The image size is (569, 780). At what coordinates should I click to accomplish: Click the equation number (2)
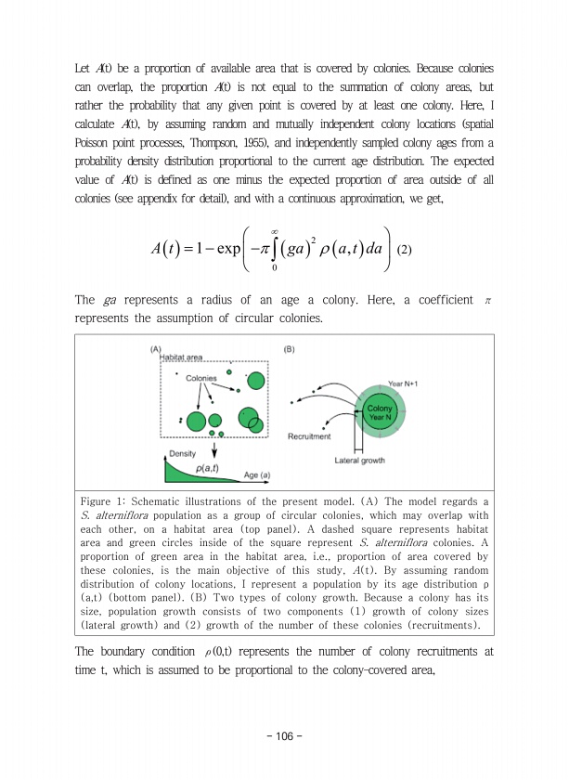(404, 249)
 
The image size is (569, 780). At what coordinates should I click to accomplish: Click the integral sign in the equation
(276, 248)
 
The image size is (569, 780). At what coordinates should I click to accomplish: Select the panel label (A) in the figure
(155, 349)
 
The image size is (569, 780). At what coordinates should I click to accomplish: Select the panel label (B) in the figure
(289, 349)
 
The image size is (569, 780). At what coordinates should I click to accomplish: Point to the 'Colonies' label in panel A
(201, 378)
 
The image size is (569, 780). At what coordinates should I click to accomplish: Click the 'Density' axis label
(182, 453)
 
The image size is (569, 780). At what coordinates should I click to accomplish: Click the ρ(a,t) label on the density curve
(208, 468)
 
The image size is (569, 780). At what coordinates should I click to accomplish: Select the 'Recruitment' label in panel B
(310, 435)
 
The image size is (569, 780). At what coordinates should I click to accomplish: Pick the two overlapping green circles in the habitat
(250, 420)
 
